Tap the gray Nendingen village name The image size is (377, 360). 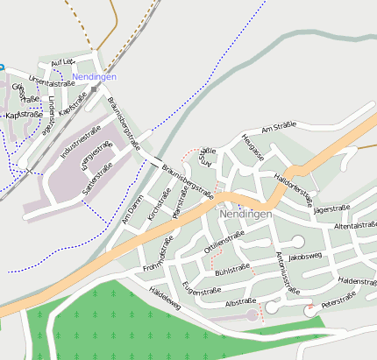[x=246, y=214]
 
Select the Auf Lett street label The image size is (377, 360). [x=63, y=62]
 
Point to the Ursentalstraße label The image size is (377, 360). [x=48, y=81]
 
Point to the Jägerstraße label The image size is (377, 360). [x=331, y=208]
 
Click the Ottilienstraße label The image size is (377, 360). [x=224, y=237]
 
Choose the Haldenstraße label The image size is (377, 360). [x=357, y=281]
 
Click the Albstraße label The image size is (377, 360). [x=240, y=301]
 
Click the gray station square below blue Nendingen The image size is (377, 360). [x=93, y=88]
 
